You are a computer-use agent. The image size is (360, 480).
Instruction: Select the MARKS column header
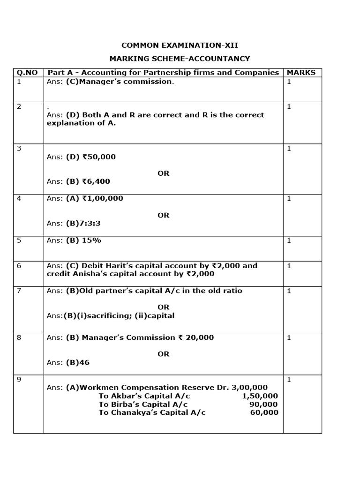(301, 72)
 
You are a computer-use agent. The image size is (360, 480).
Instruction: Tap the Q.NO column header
(27, 72)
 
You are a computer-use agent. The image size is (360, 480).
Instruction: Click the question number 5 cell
(19, 240)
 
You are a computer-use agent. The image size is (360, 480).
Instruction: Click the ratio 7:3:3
(89, 224)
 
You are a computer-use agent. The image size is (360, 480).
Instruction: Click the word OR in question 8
(163, 354)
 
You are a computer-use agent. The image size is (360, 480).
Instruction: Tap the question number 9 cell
(19, 380)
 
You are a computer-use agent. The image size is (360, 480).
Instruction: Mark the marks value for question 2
(289, 106)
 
